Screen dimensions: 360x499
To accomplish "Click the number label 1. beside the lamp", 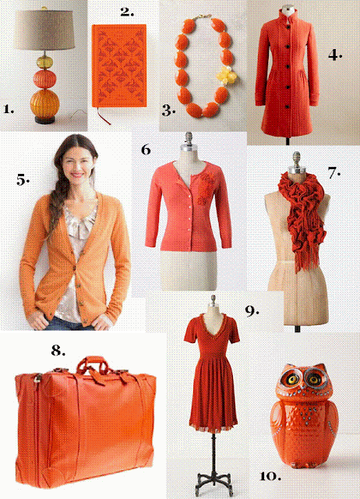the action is pos(9,109).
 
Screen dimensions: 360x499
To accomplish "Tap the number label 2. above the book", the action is pos(127,12).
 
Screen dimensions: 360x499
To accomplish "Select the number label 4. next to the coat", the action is pos(335,55).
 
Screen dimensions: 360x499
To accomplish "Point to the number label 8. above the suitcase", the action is pos(58,350).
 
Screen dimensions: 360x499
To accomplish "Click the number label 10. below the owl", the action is pos(270,476).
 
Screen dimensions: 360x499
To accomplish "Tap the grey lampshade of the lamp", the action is pos(44,30).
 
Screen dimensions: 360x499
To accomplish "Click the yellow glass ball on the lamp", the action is pos(44,62).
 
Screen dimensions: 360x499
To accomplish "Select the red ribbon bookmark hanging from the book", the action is pos(102,115).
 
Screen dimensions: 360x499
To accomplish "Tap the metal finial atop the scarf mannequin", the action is pos(296,158).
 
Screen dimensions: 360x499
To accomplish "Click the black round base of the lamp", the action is pos(45,120).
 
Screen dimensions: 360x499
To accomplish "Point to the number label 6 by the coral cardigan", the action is pos(146,150).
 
